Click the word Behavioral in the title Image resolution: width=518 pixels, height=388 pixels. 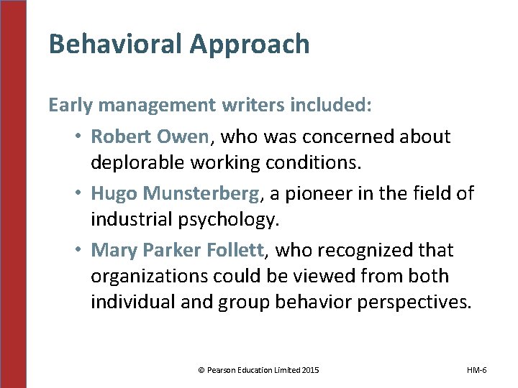tap(105, 45)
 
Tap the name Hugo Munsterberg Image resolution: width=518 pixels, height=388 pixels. tap(175, 193)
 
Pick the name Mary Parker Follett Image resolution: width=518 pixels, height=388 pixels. tap(178, 250)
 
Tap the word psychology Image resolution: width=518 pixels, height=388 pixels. tap(232, 220)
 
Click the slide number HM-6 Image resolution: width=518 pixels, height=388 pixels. tap(476, 370)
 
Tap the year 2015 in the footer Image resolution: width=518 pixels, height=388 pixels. tap(310, 370)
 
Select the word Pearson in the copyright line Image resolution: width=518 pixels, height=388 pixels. tap(222, 370)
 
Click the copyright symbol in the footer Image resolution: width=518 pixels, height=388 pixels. tap(201, 370)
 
